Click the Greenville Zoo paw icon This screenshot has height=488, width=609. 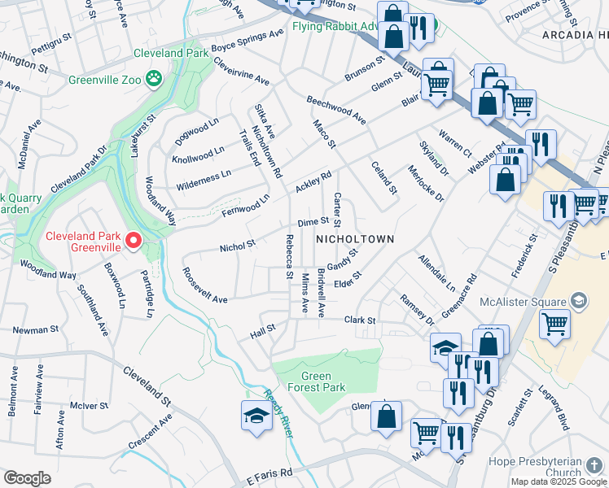coord(154,78)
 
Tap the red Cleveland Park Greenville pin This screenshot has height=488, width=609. coord(133,241)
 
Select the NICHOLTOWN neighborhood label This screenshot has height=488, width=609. coord(355,239)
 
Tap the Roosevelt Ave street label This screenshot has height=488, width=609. coord(204,285)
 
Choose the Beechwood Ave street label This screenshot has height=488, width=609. coord(335,111)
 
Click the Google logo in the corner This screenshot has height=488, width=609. coord(27,477)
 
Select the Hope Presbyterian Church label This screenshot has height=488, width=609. coord(535,467)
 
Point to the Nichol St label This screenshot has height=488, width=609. coord(238,244)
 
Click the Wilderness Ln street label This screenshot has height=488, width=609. coord(204,173)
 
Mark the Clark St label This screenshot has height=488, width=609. coord(359,320)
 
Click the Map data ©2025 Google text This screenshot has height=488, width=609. coord(559,481)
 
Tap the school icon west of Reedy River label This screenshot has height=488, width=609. coord(256,416)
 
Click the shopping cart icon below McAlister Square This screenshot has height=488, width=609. coord(554,324)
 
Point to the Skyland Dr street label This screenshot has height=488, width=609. coord(433,158)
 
